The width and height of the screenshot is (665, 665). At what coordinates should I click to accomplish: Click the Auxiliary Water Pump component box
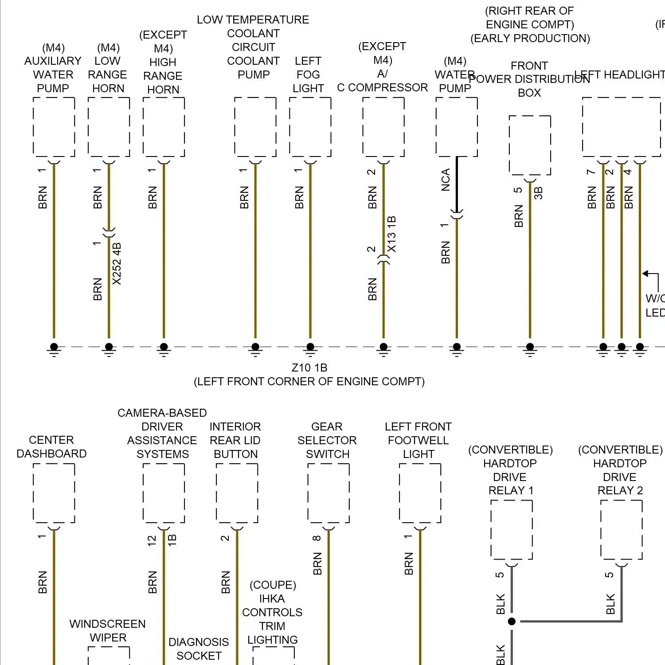point(54,127)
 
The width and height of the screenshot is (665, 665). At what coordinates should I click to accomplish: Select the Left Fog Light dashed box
point(310,127)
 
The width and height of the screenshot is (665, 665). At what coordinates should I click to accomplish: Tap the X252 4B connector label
point(117,264)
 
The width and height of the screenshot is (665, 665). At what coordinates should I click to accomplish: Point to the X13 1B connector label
point(391,234)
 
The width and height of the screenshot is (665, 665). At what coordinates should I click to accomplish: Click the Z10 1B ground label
point(309,368)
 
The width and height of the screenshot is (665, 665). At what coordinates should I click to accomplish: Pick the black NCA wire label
point(446,180)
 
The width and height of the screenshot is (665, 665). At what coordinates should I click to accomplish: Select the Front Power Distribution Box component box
point(530,145)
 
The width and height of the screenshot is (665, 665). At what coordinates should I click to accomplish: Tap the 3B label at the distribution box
point(538,193)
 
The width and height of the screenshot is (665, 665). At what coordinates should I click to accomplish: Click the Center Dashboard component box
point(54,493)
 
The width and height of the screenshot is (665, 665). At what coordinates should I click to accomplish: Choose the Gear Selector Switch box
point(329,493)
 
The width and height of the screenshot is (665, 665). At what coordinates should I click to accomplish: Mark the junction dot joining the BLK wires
point(512,621)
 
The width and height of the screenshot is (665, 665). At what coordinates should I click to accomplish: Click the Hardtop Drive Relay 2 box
point(621,530)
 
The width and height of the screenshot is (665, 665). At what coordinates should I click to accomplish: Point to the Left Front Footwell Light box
point(420,493)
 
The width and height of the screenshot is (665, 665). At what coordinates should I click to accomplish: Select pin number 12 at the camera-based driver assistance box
point(152,540)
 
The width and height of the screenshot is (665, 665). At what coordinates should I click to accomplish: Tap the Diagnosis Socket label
point(199,649)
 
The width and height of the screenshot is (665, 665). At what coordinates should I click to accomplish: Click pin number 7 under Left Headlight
point(591,172)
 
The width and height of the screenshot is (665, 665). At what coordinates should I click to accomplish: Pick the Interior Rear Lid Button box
point(237,493)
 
